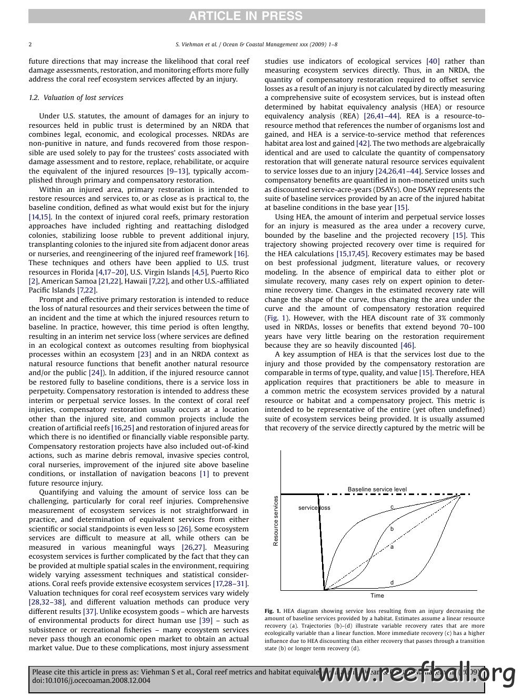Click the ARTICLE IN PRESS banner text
(x=246, y=16)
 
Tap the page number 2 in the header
(x=30, y=45)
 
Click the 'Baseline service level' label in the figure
(x=377, y=489)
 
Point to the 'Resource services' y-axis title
(x=276, y=521)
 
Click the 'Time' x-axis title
(x=377, y=596)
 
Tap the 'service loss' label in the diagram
(x=314, y=508)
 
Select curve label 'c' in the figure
(x=391, y=507)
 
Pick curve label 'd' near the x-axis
(x=391, y=582)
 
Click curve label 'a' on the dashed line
(x=391, y=547)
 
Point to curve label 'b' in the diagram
(x=391, y=529)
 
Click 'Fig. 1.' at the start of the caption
(x=272, y=611)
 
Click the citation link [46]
(x=407, y=345)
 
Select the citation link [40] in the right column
(x=433, y=61)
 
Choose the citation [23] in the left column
(x=144, y=355)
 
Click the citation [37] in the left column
(x=90, y=611)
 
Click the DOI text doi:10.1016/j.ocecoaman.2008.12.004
(x=91, y=680)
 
